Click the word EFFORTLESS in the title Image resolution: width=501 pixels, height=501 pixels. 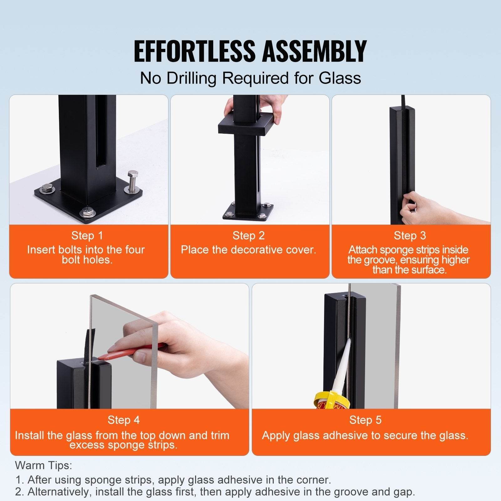[x=194, y=51]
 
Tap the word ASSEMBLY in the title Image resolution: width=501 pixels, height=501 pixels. [x=314, y=51]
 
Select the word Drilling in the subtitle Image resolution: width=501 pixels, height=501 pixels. [x=191, y=78]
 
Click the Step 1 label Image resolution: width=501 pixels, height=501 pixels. [x=87, y=235]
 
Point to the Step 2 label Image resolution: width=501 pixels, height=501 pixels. [x=249, y=235]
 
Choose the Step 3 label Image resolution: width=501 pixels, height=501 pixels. [x=410, y=235]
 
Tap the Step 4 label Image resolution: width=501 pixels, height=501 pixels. [x=123, y=420]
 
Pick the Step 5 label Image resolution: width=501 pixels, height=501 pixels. [x=365, y=420]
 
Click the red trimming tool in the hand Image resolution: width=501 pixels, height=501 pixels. [x=132, y=351]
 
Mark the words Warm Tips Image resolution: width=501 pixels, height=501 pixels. [x=44, y=465]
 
